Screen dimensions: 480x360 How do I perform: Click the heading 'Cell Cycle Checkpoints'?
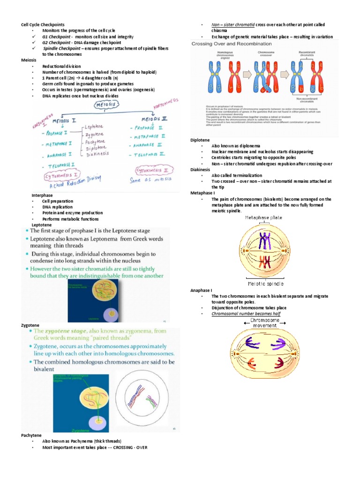point(43,24)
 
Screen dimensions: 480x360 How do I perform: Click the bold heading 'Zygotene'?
point(30,325)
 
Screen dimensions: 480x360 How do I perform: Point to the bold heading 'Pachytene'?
point(30,435)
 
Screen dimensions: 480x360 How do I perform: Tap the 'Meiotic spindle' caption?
point(266,284)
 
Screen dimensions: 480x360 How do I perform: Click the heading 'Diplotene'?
point(200,140)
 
